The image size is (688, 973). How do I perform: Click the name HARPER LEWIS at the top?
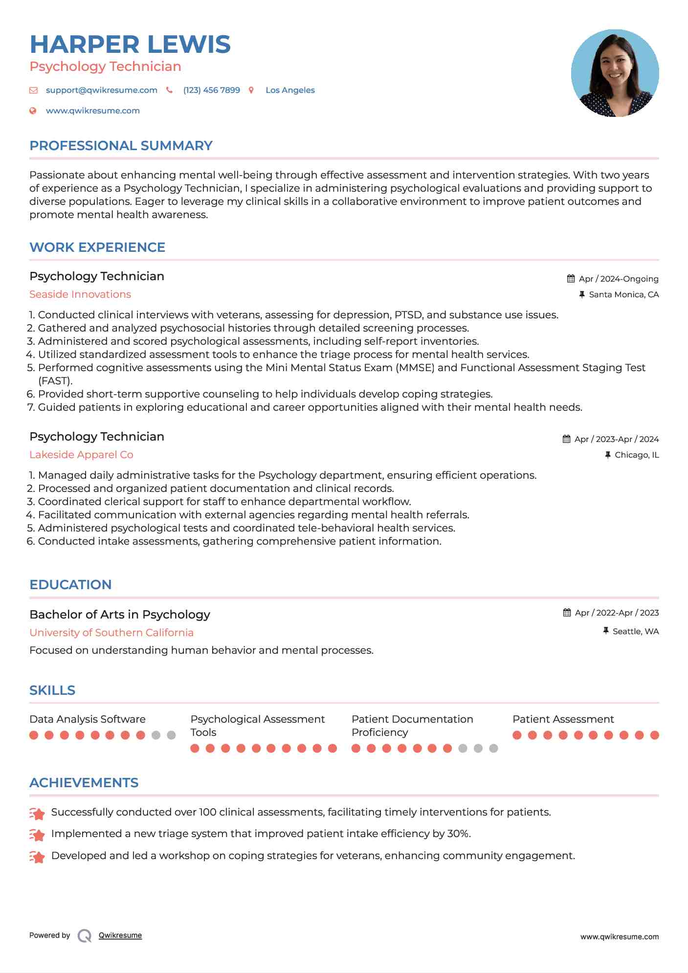(x=130, y=44)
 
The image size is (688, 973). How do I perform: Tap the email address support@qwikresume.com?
(x=101, y=90)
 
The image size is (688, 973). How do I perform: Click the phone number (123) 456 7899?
(x=211, y=90)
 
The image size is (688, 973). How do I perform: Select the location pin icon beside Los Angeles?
(x=251, y=90)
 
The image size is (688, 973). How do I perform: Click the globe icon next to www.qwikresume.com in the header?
(x=33, y=111)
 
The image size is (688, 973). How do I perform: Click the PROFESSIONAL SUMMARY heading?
(x=121, y=146)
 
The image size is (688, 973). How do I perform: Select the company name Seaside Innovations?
(x=80, y=294)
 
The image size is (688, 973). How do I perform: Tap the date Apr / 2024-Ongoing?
(x=618, y=279)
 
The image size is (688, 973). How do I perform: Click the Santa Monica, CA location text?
(x=623, y=294)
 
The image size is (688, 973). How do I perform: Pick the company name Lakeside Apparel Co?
(x=81, y=455)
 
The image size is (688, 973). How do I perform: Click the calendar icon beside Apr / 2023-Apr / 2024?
(x=566, y=439)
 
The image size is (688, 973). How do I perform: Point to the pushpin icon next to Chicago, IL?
(x=608, y=455)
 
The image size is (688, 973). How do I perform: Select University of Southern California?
(x=111, y=633)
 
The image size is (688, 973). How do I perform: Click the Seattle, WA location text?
(x=635, y=631)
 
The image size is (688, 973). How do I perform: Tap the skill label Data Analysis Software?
(x=88, y=719)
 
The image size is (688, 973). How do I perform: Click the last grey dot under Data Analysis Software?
(x=171, y=735)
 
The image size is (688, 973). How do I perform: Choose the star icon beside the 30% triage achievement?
(x=37, y=835)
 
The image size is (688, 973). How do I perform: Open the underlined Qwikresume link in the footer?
(x=120, y=935)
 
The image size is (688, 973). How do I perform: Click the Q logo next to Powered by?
(x=85, y=935)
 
